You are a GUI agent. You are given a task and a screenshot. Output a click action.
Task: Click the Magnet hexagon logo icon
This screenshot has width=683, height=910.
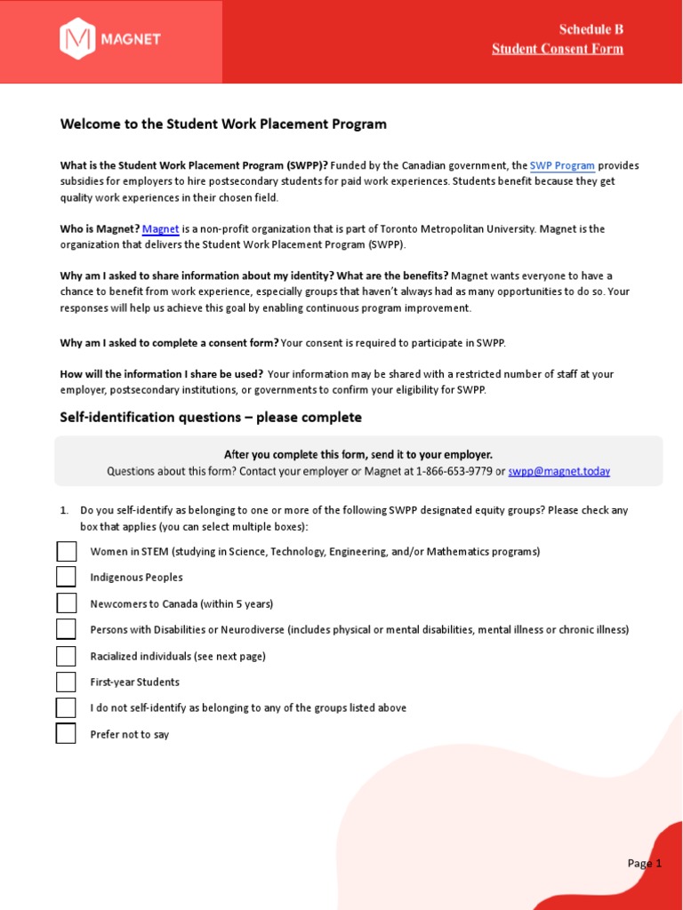[76, 39]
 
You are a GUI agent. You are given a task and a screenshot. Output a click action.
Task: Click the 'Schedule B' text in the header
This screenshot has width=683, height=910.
[591, 29]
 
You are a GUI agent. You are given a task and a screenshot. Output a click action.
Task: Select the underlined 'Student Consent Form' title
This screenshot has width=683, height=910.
[558, 49]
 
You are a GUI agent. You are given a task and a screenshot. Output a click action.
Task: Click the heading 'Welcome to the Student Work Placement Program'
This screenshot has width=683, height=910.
[223, 124]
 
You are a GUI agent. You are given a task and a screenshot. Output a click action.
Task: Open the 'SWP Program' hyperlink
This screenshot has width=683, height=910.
[562, 166]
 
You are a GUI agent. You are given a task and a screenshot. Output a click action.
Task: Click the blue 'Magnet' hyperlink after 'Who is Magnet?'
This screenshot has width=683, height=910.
[161, 229]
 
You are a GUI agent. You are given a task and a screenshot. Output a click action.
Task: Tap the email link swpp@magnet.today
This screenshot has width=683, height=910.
[558, 472]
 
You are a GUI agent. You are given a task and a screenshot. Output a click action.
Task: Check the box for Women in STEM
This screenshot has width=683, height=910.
[67, 552]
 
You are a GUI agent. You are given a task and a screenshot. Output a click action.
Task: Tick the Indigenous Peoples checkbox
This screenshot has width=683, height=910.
[67, 578]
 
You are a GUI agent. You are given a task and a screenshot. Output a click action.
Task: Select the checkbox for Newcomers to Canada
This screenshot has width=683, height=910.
[67, 604]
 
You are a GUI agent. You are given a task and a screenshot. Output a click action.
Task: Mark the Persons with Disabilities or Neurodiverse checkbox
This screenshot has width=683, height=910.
[67, 630]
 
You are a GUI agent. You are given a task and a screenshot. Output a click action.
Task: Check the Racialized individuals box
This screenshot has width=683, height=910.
[67, 657]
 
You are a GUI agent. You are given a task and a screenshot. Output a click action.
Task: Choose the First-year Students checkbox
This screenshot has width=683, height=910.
[67, 682]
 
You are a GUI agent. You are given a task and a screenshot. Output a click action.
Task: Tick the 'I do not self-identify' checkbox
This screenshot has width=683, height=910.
[67, 708]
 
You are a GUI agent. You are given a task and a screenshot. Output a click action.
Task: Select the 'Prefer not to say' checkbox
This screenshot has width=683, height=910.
[67, 734]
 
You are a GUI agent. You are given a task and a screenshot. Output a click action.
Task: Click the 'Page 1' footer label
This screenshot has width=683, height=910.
[644, 863]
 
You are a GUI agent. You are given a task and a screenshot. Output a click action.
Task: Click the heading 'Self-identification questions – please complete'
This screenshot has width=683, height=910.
[211, 418]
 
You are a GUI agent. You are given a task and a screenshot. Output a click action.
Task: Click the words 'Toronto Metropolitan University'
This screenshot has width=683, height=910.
[463, 229]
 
